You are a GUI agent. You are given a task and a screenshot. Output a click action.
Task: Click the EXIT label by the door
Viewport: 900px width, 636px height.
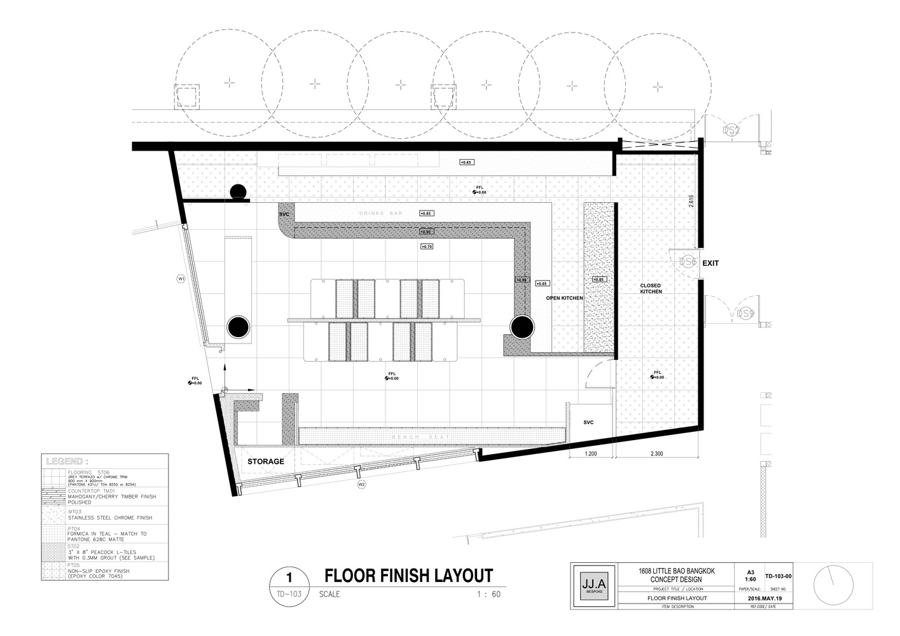pos(710,263)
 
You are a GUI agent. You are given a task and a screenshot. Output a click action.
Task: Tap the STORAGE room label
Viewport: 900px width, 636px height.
pos(266,461)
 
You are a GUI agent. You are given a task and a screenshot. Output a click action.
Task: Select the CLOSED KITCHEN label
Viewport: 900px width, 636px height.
pos(651,289)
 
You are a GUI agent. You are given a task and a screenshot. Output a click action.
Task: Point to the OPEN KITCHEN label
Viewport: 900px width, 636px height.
pos(564,298)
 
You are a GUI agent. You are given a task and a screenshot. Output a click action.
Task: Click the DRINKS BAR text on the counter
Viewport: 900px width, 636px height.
pos(381,214)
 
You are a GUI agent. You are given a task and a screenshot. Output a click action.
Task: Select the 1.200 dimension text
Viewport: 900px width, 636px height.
pos(591,454)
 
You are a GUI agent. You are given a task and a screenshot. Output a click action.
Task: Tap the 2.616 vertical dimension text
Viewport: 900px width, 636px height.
pos(691,202)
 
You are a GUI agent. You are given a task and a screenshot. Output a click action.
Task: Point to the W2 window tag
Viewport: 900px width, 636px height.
pos(361,485)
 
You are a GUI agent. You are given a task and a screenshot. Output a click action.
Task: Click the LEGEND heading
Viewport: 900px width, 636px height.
pos(66,461)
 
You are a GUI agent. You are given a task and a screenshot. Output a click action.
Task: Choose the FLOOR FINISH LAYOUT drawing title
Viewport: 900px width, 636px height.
pos(408,576)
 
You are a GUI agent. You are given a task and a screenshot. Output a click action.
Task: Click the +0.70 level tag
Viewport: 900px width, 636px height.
pos(427,246)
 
